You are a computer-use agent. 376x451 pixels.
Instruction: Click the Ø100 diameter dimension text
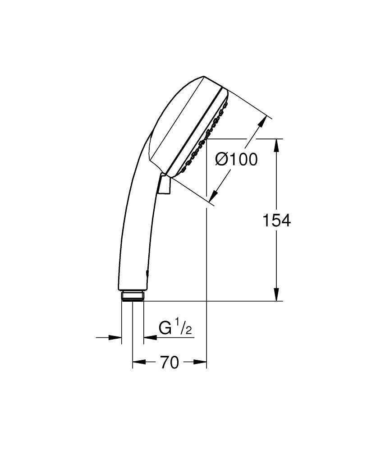(236, 159)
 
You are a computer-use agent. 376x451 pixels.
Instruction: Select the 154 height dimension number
(277, 221)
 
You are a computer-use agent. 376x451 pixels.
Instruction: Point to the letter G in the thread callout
(165, 328)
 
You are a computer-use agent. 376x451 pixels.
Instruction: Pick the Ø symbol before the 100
(221, 159)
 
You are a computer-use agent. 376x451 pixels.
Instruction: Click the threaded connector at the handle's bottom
(133, 296)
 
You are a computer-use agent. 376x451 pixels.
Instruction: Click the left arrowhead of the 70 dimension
(137, 362)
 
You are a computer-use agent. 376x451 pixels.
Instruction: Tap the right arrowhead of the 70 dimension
(201, 362)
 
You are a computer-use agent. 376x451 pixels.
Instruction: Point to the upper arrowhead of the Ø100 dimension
(262, 123)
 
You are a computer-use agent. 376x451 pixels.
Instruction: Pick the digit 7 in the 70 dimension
(164, 362)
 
